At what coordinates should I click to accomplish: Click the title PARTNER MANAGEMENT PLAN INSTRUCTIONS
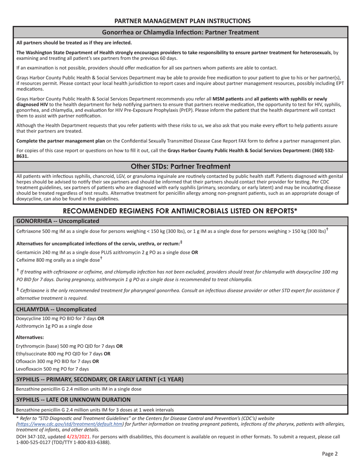182,21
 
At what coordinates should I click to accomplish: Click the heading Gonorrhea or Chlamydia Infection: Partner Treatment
180,32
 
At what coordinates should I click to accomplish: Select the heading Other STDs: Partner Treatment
180,166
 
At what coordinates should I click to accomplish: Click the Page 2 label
330,453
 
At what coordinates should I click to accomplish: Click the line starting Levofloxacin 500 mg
52,369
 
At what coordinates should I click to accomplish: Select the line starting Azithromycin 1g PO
54,326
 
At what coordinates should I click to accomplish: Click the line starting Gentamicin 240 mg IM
107,252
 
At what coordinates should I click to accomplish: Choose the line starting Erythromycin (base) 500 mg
69,346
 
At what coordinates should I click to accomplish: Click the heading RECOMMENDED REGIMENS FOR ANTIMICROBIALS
180,211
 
